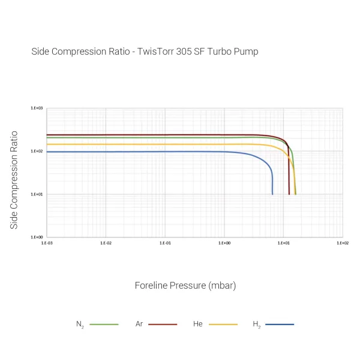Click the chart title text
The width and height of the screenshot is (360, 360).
click(x=145, y=52)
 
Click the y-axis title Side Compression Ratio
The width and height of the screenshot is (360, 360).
click(x=14, y=179)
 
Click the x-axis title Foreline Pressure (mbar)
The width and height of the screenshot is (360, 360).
click(x=185, y=286)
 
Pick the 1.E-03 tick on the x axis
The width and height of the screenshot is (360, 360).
click(x=47, y=243)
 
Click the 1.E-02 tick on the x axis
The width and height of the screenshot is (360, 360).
click(x=106, y=243)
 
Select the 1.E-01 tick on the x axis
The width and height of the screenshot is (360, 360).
click(x=165, y=243)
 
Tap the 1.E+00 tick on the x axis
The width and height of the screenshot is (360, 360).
click(x=224, y=243)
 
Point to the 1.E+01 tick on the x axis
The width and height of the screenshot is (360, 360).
click(x=283, y=243)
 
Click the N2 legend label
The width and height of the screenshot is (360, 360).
click(x=80, y=325)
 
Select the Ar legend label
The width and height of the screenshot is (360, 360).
click(x=139, y=324)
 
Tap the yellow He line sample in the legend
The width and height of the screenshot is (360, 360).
click(x=223, y=324)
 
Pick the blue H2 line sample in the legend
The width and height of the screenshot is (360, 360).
click(x=280, y=324)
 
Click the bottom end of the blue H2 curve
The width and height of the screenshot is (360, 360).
click(x=272, y=194)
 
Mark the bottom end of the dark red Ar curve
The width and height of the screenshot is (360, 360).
click(x=289, y=194)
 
